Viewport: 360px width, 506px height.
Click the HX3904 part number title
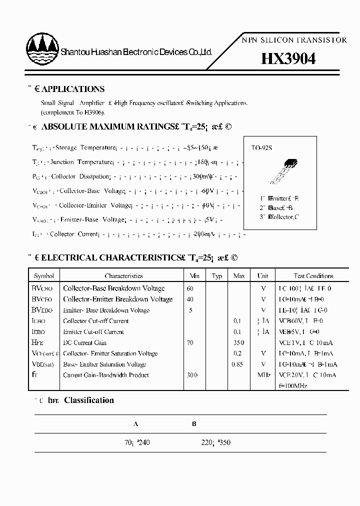(288, 59)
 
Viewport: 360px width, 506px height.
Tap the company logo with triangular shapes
(42, 50)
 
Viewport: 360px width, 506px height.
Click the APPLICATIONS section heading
(72, 89)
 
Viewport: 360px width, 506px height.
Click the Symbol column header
(44, 276)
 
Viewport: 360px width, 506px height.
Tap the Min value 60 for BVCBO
(189, 288)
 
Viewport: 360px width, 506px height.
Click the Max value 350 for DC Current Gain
(239, 342)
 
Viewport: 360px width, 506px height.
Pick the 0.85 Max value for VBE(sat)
(237, 364)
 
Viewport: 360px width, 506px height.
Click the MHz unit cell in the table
(263, 375)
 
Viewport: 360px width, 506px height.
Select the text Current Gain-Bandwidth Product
(106, 375)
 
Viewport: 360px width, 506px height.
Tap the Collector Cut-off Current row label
(96, 321)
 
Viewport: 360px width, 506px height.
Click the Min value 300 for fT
(192, 375)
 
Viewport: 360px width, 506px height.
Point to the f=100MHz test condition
(293, 386)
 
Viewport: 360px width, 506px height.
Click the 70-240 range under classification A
(137, 442)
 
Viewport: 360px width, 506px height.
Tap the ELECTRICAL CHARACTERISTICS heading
(135, 258)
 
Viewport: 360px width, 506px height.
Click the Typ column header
(217, 276)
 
